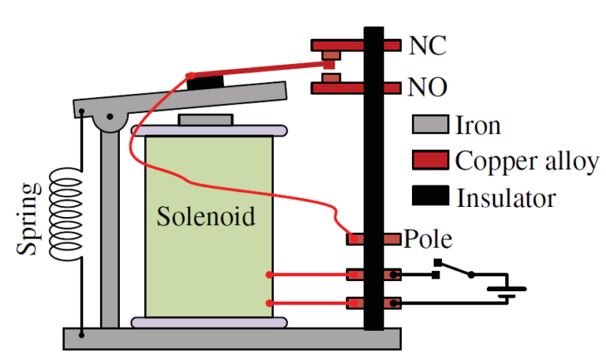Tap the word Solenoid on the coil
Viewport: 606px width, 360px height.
pyautogui.click(x=206, y=216)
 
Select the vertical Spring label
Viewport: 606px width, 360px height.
pyautogui.click(x=30, y=219)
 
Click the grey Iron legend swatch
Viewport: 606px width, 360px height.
pyautogui.click(x=430, y=125)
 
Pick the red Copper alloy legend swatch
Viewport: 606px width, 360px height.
pyautogui.click(x=430, y=160)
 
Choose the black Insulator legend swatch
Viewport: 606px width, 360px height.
pyautogui.click(x=430, y=196)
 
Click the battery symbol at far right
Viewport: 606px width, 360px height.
pyautogui.click(x=502, y=292)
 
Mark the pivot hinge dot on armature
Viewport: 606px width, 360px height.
pyautogui.click(x=110, y=117)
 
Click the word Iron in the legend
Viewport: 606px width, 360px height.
pyautogui.click(x=478, y=125)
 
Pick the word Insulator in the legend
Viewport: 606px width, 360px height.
pyautogui.click(x=506, y=196)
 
